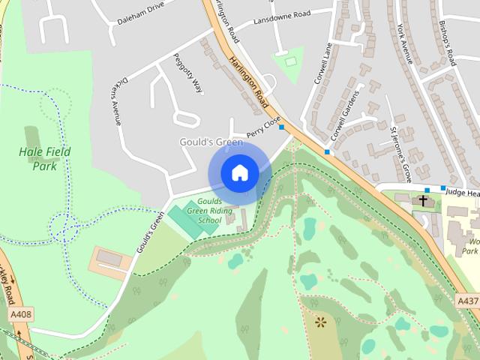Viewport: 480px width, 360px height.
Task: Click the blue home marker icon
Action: click(x=239, y=172)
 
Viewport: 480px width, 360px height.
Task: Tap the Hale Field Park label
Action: click(x=44, y=158)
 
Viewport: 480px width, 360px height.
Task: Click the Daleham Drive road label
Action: click(x=140, y=15)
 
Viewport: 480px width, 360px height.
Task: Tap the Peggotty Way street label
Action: click(x=188, y=73)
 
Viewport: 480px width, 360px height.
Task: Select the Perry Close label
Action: click(x=262, y=123)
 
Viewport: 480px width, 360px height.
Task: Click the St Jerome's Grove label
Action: click(x=401, y=154)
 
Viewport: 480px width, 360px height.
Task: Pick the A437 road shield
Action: click(x=467, y=279)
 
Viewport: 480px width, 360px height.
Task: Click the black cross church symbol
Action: click(x=423, y=201)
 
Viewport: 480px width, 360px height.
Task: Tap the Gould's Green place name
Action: click(x=211, y=142)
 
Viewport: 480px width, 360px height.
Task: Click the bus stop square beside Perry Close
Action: click(x=282, y=127)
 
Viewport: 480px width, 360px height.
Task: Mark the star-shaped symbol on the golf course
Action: click(x=321, y=302)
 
